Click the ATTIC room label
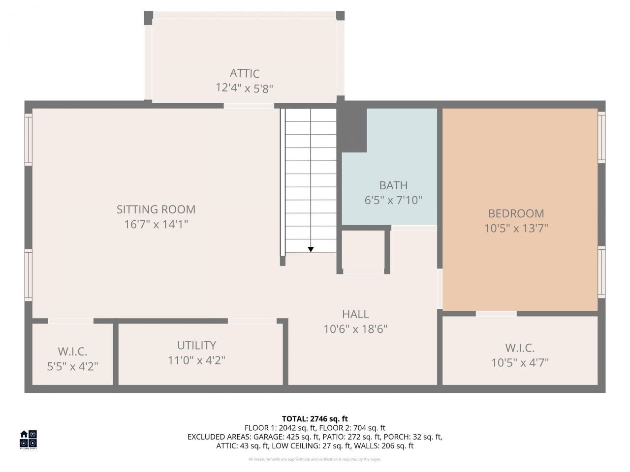point(245,73)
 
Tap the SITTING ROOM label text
point(156,209)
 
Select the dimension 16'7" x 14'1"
point(156,225)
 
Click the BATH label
point(393,185)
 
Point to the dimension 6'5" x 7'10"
point(393,201)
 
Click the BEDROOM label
point(516,213)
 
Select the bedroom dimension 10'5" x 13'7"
point(516,229)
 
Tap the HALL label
point(355,314)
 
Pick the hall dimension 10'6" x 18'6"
point(355,329)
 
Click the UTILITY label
point(196,345)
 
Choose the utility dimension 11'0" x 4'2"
point(196,360)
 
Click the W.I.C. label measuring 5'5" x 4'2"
point(72,352)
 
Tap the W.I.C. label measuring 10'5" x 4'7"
point(520,348)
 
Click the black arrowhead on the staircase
point(311,249)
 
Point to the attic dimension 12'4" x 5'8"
point(245,88)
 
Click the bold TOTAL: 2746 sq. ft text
point(315,419)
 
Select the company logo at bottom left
point(28,439)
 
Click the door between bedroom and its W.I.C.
point(496,314)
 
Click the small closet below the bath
point(364,250)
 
